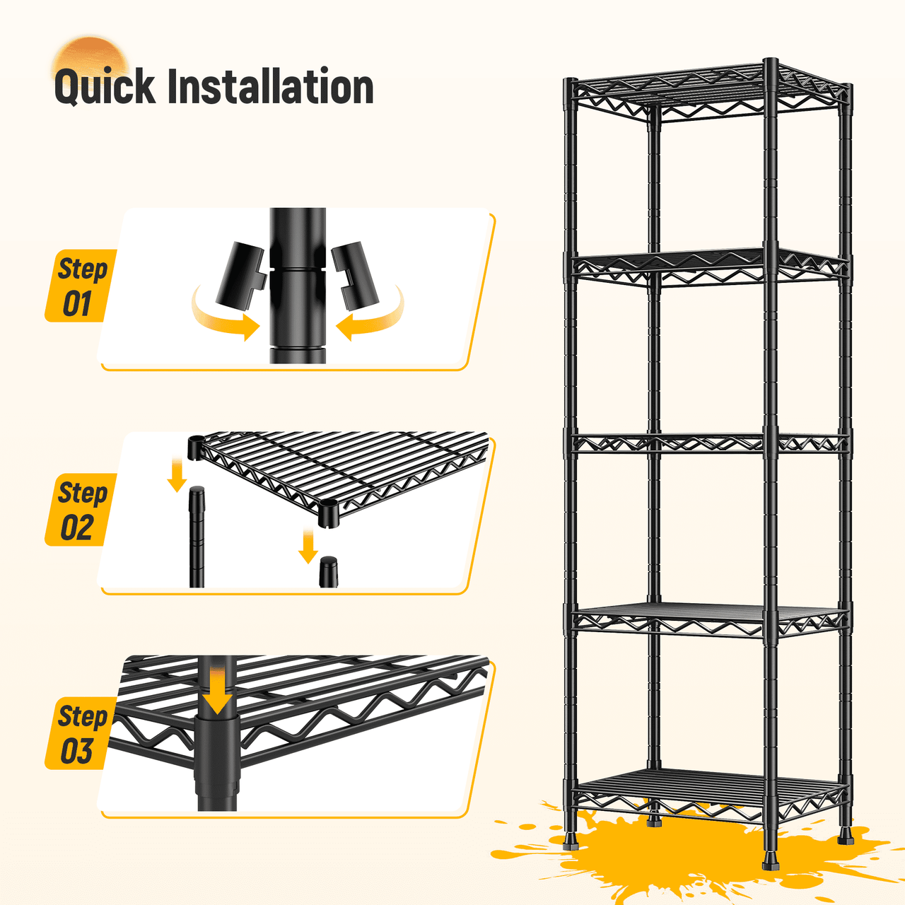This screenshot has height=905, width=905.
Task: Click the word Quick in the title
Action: pos(105,87)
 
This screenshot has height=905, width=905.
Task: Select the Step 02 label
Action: pos(80,510)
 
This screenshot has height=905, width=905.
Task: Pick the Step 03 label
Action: pos(80,734)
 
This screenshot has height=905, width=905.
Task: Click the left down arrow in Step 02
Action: pos(177,475)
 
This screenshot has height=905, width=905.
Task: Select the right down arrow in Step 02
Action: pos(308,547)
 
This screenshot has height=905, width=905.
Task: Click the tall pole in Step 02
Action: pos(197,537)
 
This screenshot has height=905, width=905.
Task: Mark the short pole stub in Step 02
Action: pos(328,572)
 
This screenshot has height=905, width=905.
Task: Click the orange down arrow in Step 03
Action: pos(218,694)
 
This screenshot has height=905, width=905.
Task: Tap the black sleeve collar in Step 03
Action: pos(217,753)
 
